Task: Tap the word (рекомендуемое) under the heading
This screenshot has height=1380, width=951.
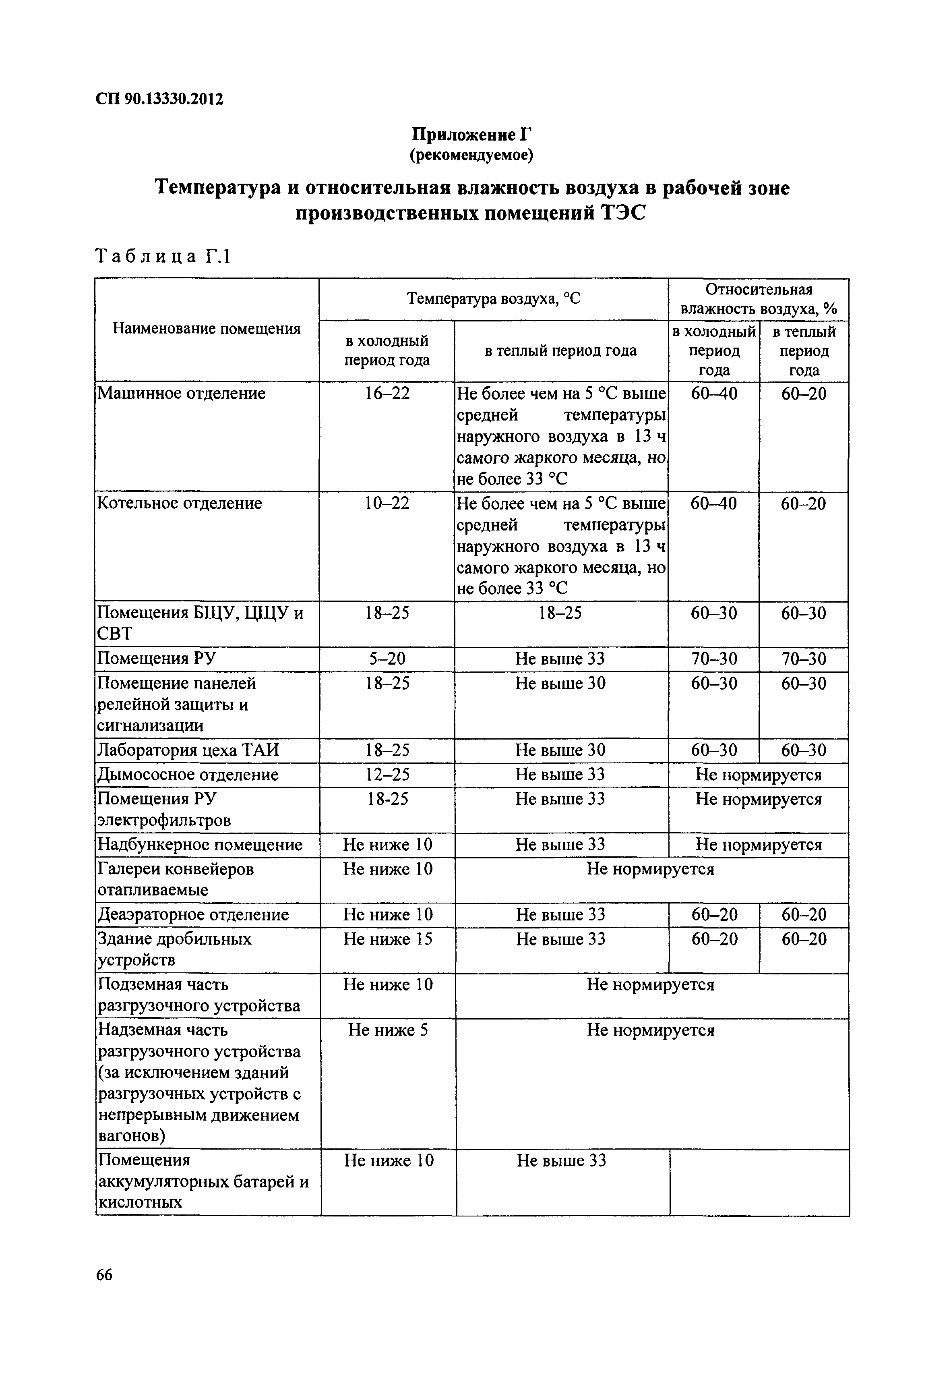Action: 470,155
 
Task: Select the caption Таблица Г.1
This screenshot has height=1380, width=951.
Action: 162,256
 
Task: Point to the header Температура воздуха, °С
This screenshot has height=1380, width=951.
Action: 493,298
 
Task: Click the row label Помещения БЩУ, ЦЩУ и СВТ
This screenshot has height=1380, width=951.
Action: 200,623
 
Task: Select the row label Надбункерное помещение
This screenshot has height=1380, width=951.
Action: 200,845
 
